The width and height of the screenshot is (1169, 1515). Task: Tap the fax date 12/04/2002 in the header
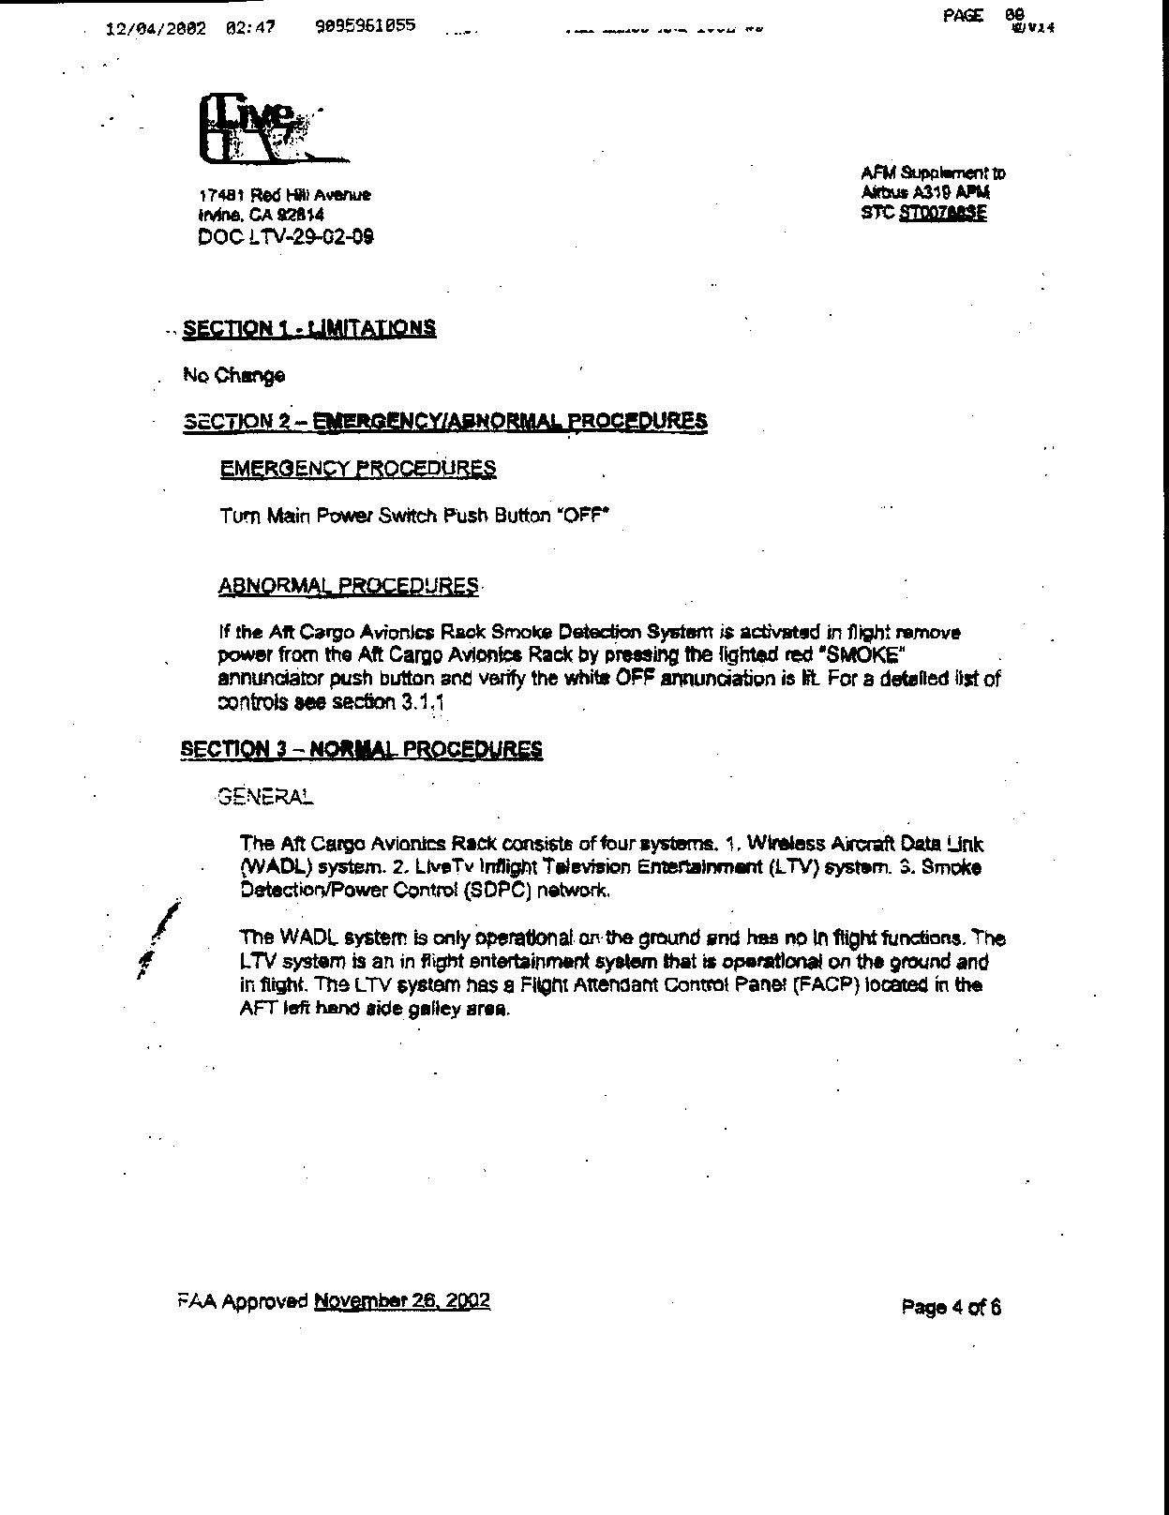[157, 28]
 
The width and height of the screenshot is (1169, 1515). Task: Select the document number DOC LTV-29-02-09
[286, 237]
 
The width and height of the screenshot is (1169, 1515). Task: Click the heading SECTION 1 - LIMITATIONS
[309, 328]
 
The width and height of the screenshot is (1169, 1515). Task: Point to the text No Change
[234, 376]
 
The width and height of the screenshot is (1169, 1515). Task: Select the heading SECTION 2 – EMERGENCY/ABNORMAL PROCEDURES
[445, 421]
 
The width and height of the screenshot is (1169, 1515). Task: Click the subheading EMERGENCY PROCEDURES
[358, 468]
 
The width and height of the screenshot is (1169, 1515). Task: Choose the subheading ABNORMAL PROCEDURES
[348, 586]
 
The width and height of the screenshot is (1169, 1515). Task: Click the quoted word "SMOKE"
[864, 653]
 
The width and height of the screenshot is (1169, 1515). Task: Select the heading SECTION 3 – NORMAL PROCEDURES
[361, 749]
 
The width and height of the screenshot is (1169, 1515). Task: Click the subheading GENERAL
[265, 797]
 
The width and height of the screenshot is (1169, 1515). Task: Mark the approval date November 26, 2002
[402, 1301]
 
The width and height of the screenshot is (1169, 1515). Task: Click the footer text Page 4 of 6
[951, 1307]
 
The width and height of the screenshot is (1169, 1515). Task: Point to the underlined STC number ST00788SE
[942, 213]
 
